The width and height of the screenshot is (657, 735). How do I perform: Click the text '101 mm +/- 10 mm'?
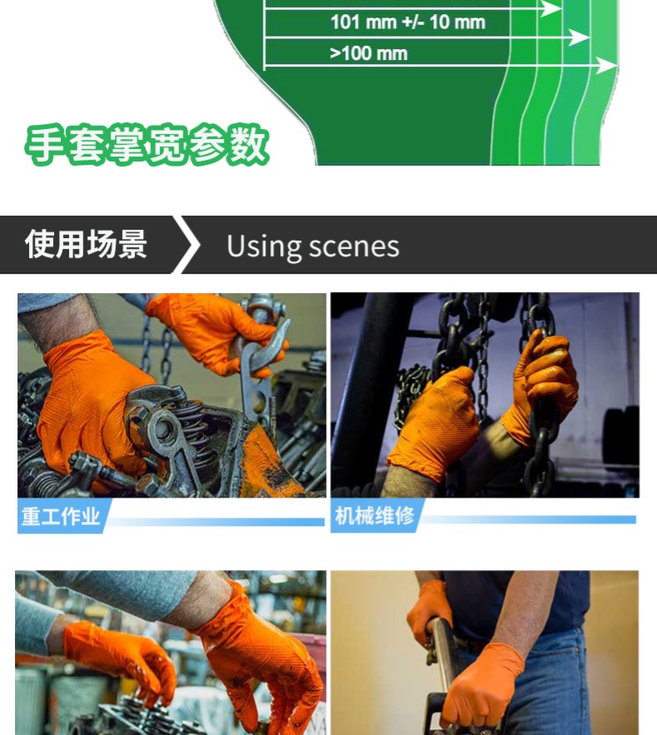click(408, 22)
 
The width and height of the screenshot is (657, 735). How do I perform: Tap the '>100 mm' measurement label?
click(368, 53)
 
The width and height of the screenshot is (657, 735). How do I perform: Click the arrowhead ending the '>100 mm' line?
click(607, 65)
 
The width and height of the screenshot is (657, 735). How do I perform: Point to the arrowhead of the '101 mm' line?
click(580, 37)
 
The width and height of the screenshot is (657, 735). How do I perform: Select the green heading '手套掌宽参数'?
click(147, 145)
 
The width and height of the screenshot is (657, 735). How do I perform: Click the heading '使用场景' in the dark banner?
click(86, 244)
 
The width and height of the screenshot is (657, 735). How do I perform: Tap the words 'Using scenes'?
click(313, 246)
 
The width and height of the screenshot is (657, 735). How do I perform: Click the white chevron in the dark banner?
click(186, 244)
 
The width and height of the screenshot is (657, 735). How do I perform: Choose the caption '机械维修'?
click(374, 515)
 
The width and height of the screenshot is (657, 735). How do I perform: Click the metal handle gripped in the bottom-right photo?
click(442, 666)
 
